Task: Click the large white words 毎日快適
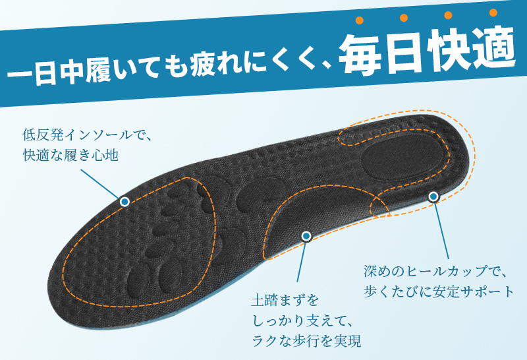tap(426, 51)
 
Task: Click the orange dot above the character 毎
tap(360, 20)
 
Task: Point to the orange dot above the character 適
tap(493, 13)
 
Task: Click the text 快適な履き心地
tap(70, 155)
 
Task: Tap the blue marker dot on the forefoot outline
tap(125, 202)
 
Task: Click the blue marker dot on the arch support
tap(306, 237)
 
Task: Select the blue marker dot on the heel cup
tap(433, 196)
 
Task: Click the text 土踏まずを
tap(285, 301)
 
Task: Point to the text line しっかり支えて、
tap(302, 320)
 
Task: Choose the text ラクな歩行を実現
tap(306, 341)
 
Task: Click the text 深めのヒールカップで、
tap(435, 271)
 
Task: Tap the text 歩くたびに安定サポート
tap(439, 291)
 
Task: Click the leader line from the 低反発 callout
tap(100, 184)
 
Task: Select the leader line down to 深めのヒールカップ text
tap(441, 230)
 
